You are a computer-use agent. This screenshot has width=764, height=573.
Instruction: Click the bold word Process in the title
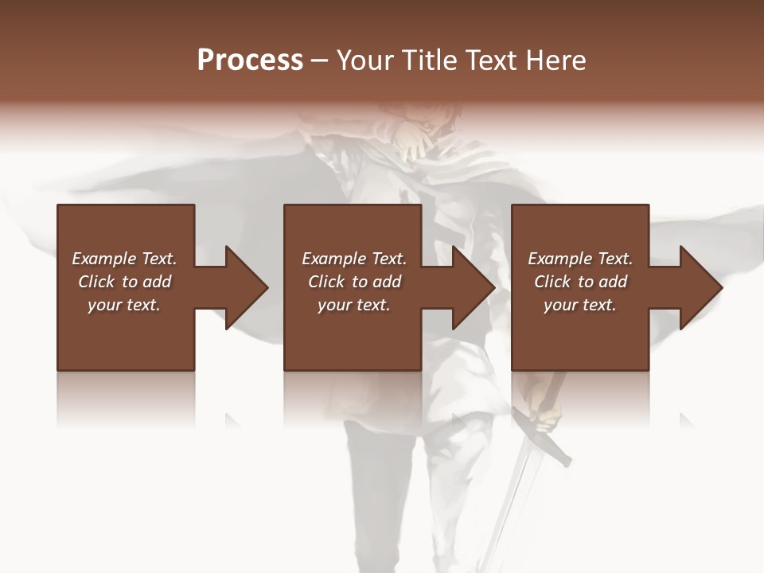pyautogui.click(x=250, y=60)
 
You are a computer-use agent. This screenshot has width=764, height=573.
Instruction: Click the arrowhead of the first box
pyautogui.click(x=246, y=287)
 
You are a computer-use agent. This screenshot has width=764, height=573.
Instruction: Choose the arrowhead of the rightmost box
pyautogui.click(x=700, y=287)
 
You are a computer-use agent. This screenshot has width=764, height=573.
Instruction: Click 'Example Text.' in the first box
pyautogui.click(x=124, y=259)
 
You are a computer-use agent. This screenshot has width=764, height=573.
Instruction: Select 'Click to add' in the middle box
pyautogui.click(x=354, y=282)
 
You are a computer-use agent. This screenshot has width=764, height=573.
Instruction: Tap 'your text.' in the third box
pyautogui.click(x=579, y=305)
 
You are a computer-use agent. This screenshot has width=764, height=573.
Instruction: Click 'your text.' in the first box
pyautogui.click(x=124, y=305)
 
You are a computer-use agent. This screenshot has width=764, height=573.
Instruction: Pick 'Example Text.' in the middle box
pyautogui.click(x=354, y=259)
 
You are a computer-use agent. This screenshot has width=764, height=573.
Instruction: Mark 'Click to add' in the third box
pyautogui.click(x=580, y=282)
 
